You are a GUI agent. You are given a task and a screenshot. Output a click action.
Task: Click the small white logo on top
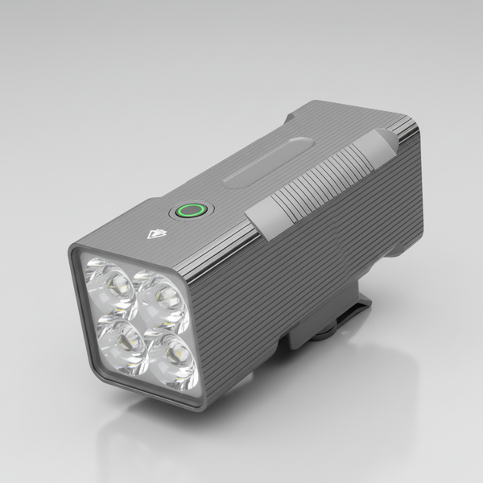154,236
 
